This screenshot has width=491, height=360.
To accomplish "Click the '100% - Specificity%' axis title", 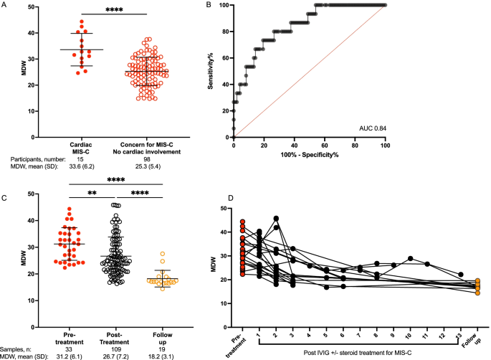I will [309, 154].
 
